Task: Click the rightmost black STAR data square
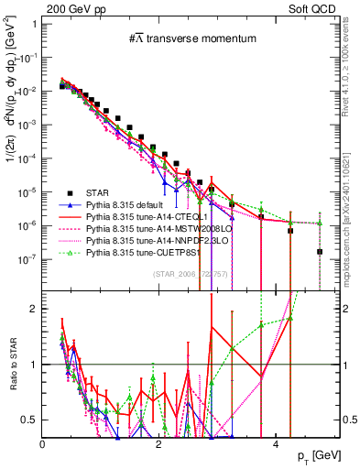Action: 320,251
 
